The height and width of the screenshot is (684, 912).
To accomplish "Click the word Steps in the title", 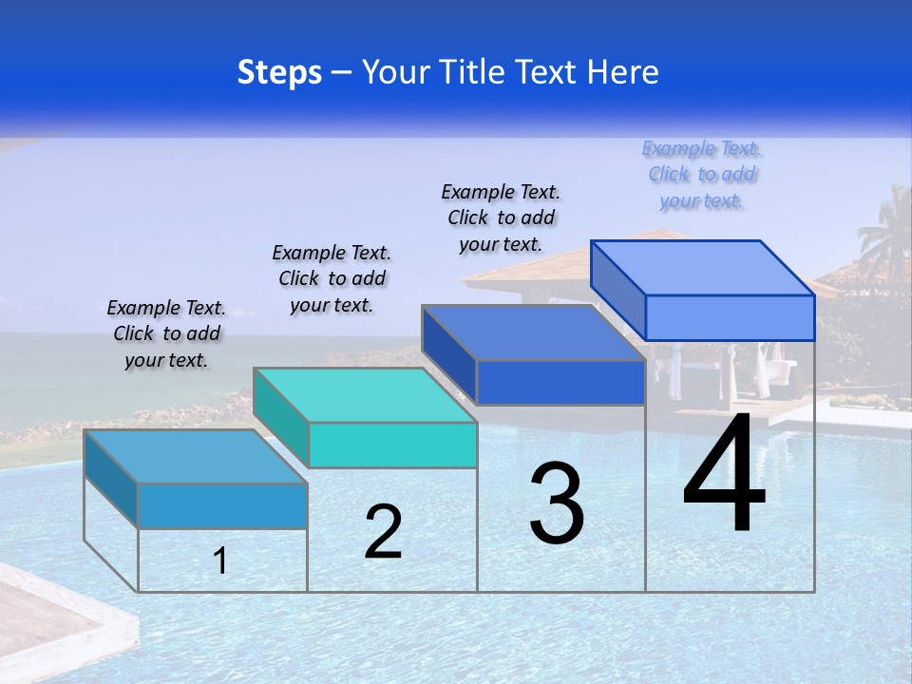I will coord(279,72).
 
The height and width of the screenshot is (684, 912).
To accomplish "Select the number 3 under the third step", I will coord(557,503).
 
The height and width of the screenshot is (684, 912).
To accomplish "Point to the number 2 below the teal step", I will coord(383,532).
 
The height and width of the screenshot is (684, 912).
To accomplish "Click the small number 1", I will coord(220,560).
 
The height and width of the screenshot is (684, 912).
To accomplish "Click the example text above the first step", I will coord(166,333).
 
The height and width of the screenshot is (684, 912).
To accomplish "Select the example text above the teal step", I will coord(332,278).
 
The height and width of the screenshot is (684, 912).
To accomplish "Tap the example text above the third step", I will coord(501,218).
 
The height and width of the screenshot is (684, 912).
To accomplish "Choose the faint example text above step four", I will coord(701,174).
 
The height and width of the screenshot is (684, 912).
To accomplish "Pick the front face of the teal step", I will coord(392,446).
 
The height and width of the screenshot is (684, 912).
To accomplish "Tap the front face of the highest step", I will coord(730,317).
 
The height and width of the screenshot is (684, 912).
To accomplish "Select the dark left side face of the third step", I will coord(449,353).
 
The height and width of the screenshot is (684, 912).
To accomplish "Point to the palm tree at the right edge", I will coord(885,237).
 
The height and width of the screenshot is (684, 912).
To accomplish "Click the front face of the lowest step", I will coord(222,505).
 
